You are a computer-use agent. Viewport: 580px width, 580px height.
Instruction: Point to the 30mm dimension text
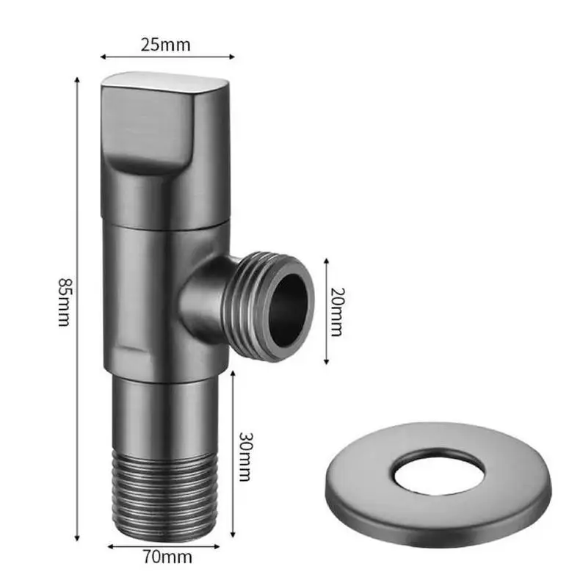[x=247, y=456]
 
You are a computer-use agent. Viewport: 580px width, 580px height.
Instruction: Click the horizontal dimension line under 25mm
[x=167, y=57]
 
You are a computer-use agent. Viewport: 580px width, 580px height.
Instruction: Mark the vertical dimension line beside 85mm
[x=78, y=308]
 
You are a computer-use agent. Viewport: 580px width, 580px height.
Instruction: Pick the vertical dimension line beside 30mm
[x=233, y=455]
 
